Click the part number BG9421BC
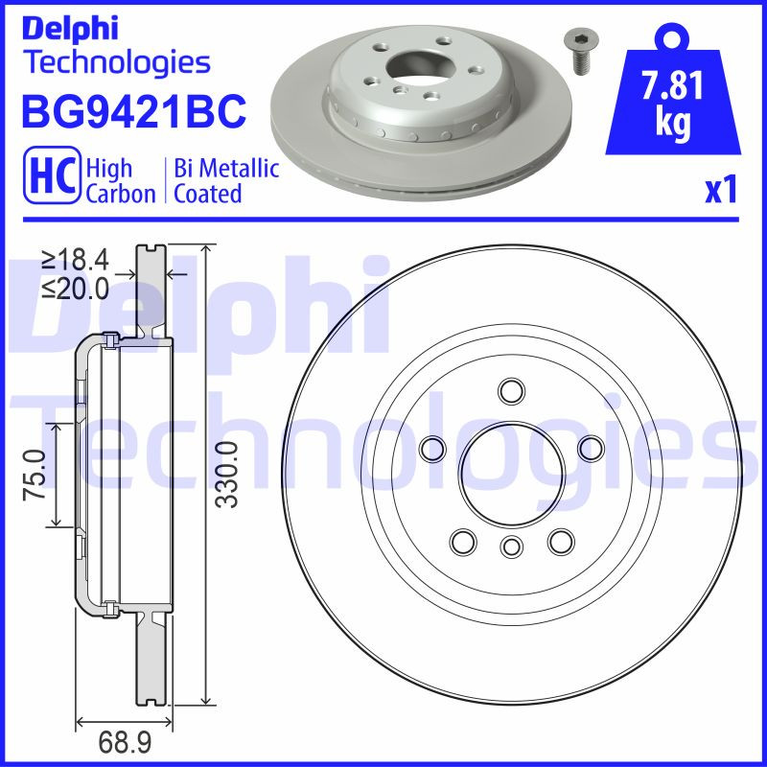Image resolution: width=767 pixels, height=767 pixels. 133,112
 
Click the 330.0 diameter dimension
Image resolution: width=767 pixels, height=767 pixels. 225,474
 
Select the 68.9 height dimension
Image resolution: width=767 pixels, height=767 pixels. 123,741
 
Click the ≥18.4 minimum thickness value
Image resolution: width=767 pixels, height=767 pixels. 74,259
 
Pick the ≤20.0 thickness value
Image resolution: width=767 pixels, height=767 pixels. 74,288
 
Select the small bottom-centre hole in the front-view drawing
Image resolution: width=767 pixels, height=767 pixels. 511,547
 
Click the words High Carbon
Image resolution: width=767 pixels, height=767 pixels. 120,180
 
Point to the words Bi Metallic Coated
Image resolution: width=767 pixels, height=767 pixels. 226,180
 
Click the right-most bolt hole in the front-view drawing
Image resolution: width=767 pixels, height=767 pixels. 591,446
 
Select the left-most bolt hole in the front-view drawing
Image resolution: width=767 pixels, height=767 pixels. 432,447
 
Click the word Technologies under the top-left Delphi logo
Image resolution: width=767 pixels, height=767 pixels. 115,62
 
